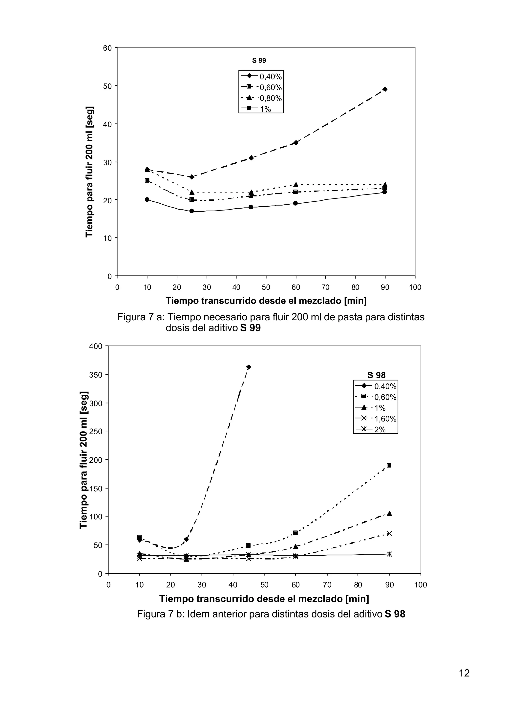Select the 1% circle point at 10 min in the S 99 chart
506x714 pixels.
click(x=147, y=199)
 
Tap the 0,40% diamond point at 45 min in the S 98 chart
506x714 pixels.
click(x=248, y=367)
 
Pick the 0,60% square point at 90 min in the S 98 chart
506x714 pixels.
click(x=389, y=465)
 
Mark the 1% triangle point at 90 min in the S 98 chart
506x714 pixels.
click(x=389, y=513)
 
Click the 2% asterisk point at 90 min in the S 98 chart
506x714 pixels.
click(x=389, y=554)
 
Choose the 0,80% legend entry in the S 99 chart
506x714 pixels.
click(x=261, y=98)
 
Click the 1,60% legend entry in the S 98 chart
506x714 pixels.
click(x=376, y=419)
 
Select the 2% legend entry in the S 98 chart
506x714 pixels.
click(x=371, y=429)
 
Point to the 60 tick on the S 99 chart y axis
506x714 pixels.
click(x=107, y=48)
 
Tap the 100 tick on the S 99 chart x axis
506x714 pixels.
click(x=415, y=287)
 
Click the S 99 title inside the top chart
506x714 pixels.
click(x=259, y=60)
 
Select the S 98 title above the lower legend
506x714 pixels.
click(x=376, y=375)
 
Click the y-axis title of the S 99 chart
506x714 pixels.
click(x=89, y=172)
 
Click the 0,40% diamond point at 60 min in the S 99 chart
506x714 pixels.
click(x=296, y=143)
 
